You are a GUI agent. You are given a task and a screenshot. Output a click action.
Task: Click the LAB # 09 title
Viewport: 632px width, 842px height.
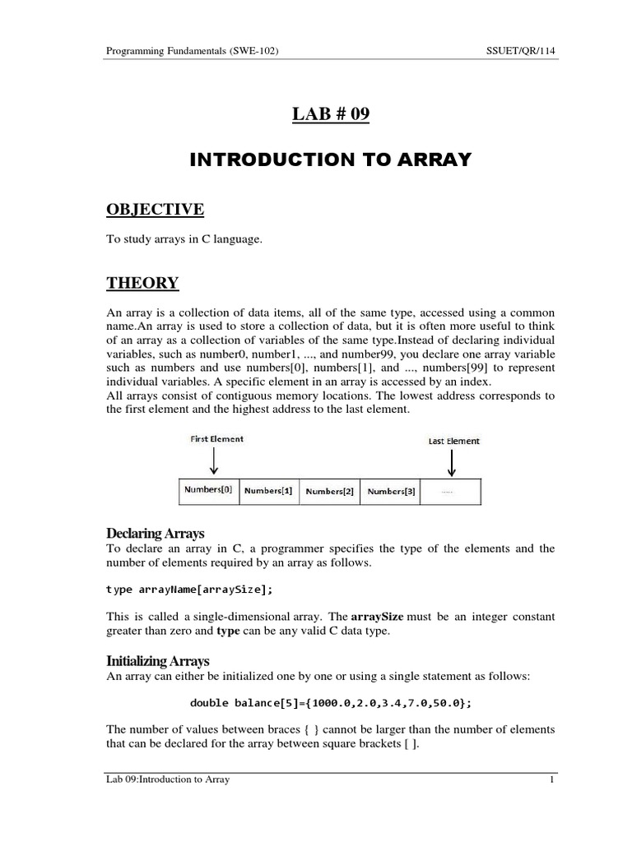331,114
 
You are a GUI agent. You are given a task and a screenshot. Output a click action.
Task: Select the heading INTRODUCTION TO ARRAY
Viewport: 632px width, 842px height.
331,160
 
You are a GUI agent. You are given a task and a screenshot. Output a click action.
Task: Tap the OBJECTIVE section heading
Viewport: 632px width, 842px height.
155,210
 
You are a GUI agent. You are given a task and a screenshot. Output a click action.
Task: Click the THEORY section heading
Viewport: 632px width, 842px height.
142,284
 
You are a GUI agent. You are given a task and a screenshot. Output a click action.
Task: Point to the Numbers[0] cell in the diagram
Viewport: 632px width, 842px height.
208,490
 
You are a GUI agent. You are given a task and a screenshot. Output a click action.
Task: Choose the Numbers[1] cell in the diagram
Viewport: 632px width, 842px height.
268,491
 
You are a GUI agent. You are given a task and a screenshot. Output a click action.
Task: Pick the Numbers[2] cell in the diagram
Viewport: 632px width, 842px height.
329,491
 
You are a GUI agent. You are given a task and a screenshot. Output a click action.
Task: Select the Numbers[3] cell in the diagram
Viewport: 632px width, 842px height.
390,491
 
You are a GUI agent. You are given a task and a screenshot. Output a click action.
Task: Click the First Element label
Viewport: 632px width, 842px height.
216,439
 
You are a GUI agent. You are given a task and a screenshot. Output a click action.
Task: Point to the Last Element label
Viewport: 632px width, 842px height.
454,441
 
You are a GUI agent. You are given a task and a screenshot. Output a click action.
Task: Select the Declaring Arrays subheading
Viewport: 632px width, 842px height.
156,534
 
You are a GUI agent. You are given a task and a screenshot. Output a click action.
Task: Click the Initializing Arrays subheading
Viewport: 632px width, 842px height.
158,660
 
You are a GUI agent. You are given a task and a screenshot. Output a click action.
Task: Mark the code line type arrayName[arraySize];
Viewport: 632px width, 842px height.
190,589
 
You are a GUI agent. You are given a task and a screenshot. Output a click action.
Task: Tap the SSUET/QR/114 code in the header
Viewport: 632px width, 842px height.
522,51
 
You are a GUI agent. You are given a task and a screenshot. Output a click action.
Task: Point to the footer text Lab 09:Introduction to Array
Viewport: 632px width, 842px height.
168,780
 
